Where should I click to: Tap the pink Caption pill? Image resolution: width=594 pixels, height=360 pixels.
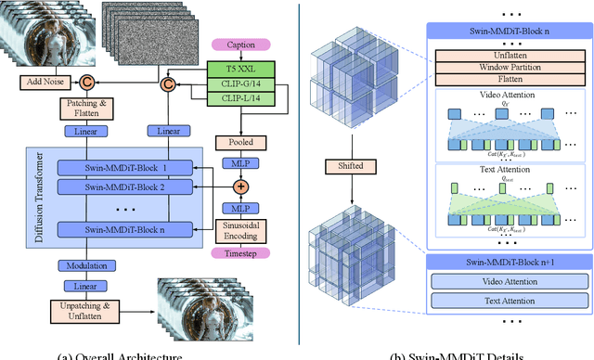click(x=240, y=45)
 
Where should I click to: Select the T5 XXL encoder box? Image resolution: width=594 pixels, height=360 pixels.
click(x=239, y=68)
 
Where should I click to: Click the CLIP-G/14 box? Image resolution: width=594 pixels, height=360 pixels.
click(x=239, y=84)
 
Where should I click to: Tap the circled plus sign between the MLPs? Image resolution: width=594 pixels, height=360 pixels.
click(x=239, y=187)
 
